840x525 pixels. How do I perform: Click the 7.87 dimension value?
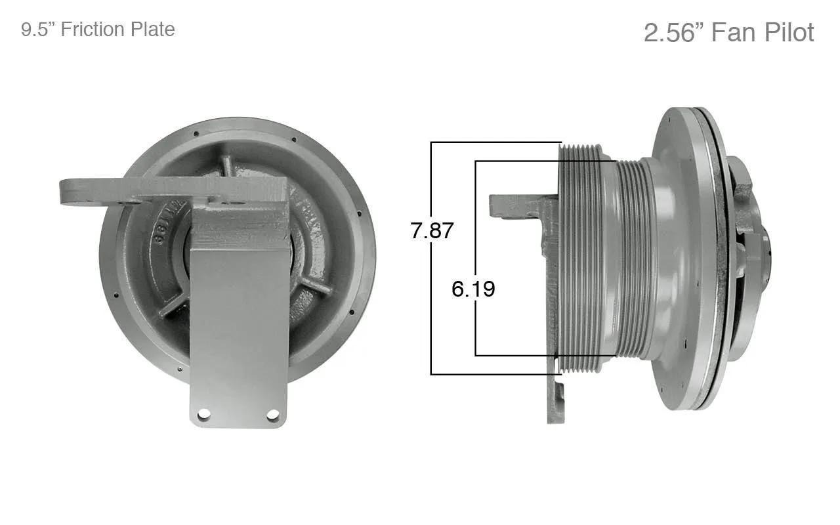pyautogui.click(x=432, y=230)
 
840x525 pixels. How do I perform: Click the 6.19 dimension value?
pyautogui.click(x=473, y=289)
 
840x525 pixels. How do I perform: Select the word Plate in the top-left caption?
pyautogui.click(x=153, y=30)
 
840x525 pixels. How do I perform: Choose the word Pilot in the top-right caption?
pyautogui.click(x=789, y=32)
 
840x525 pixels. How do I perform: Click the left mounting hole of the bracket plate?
pyautogui.click(x=203, y=414)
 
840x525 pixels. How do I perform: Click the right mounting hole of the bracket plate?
pyautogui.click(x=272, y=414)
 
